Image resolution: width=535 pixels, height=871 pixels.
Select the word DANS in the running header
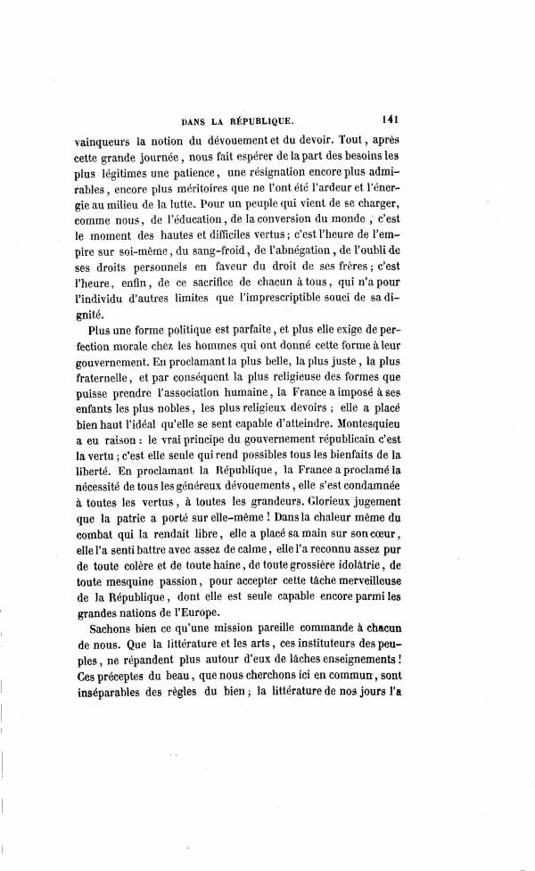[x=195, y=119]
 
